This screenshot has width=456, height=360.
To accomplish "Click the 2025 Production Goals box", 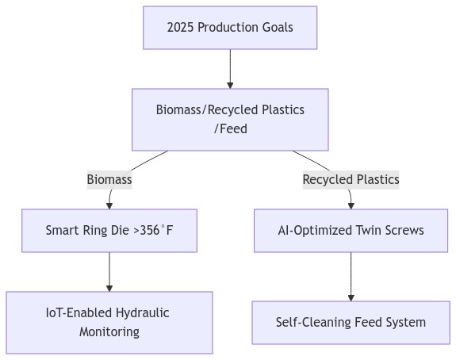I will (230, 28).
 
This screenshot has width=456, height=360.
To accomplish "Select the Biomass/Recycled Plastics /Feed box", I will (230, 119).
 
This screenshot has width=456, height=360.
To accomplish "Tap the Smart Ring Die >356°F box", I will (109, 231).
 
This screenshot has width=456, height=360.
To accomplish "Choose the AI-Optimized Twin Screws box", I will (351, 231).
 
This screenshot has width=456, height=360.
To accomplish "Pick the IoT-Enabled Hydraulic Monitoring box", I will (109, 322).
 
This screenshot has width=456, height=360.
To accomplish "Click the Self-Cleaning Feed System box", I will (351, 322).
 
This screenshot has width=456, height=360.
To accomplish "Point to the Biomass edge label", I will (109, 180).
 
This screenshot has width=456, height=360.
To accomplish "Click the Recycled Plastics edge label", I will (351, 180).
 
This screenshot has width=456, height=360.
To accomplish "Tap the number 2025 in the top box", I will (181, 28).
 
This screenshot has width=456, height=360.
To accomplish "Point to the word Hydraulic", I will (141, 312).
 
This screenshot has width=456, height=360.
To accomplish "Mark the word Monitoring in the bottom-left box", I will (109, 331).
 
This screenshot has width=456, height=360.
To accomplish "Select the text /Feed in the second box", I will (230, 128).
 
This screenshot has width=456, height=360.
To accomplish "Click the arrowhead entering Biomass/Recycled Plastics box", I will (230, 84).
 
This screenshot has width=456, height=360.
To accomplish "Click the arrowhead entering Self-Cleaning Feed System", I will (351, 297).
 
